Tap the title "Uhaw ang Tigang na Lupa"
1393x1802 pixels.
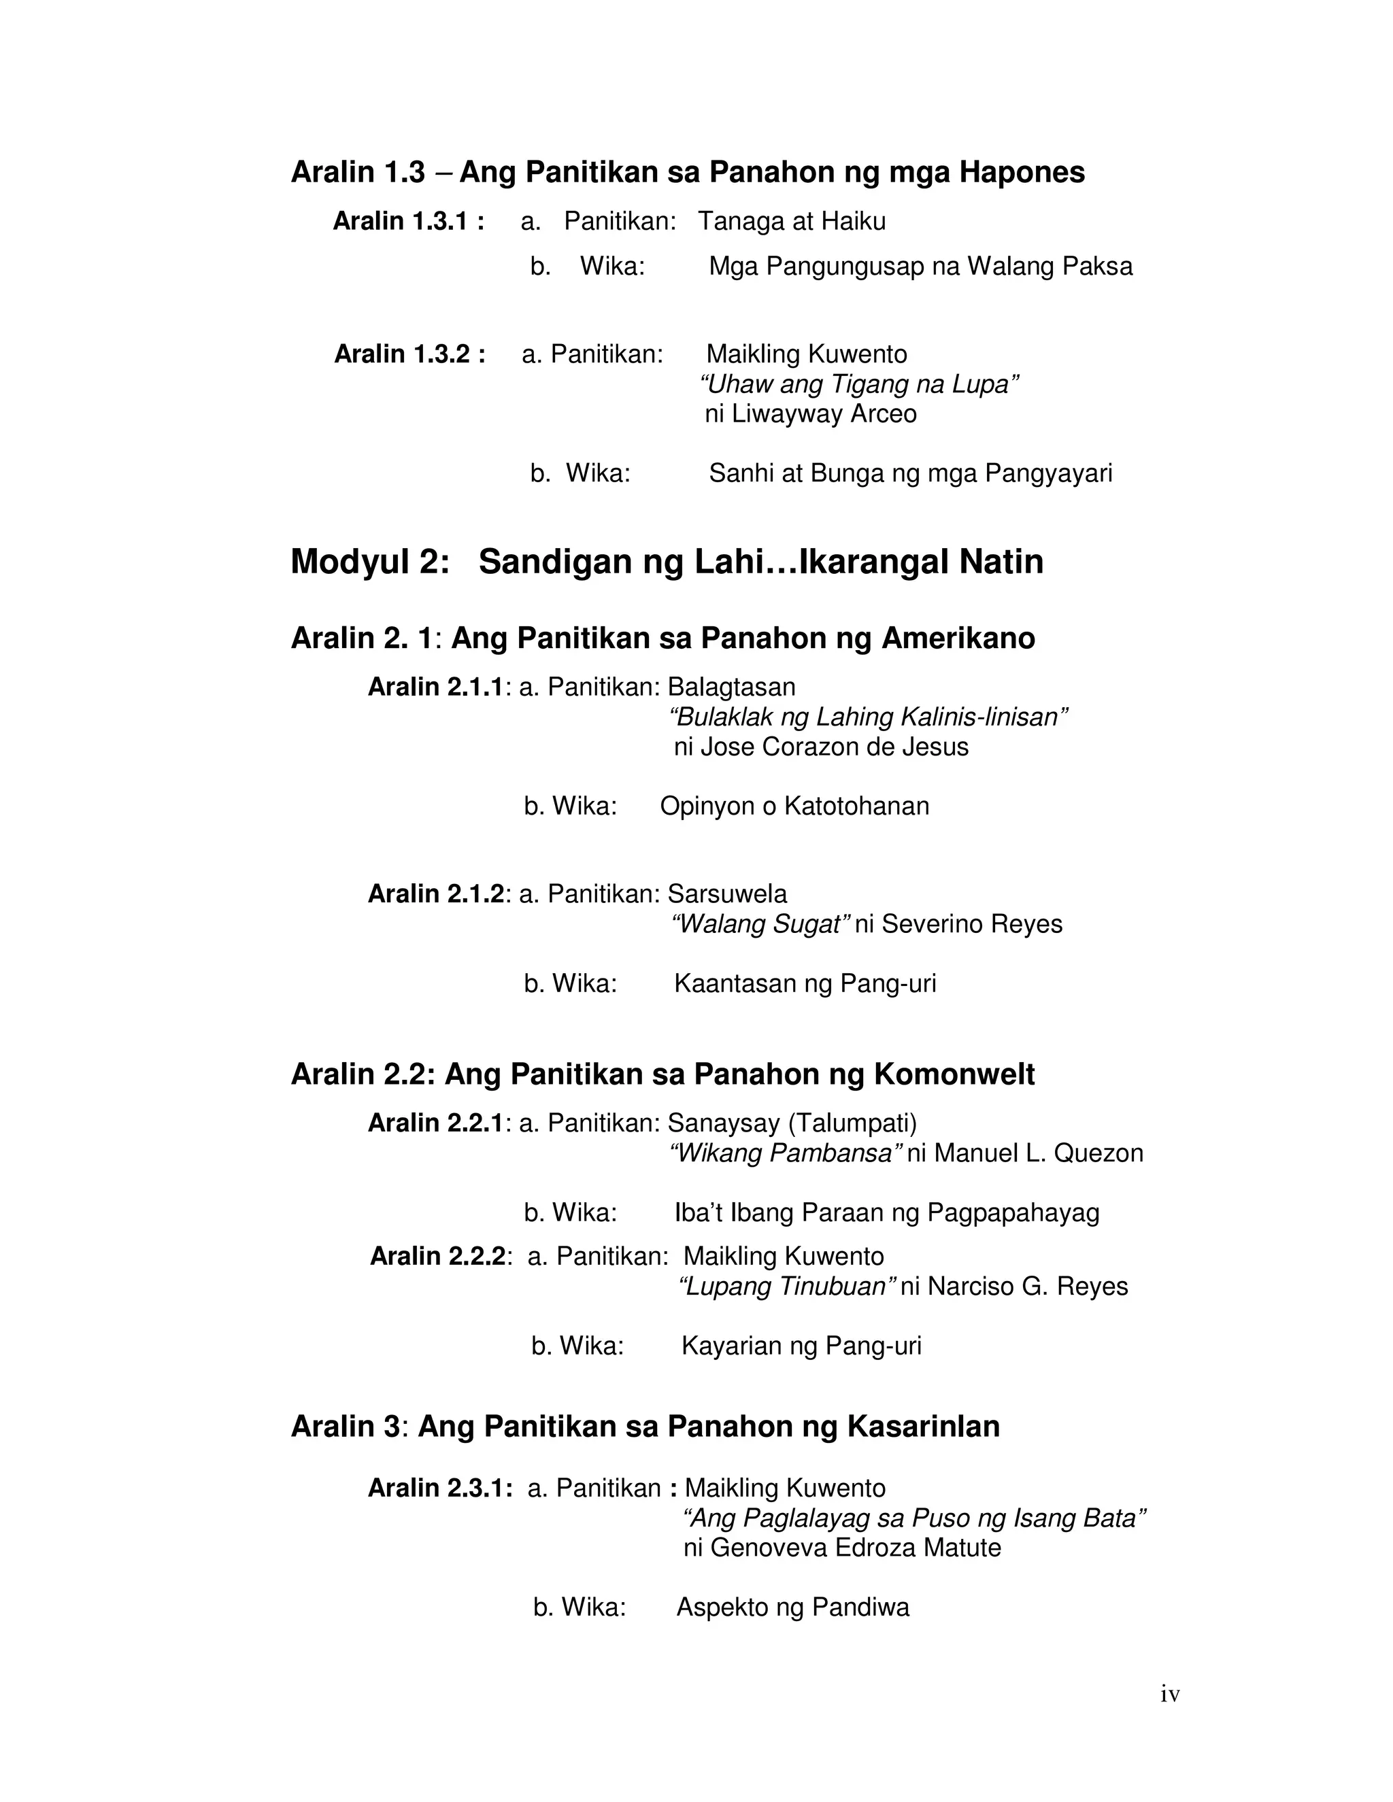tap(859, 384)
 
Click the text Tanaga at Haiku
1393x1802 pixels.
tap(792, 221)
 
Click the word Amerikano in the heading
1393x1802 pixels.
tap(958, 638)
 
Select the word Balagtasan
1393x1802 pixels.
tap(731, 687)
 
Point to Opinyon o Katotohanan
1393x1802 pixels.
tap(794, 806)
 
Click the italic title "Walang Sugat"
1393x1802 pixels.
tap(760, 924)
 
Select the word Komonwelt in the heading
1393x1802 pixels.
tap(954, 1074)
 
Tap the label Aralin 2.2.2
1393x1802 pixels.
tap(437, 1257)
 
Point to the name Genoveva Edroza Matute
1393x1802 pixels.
tap(855, 1548)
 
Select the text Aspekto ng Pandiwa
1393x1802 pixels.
tap(792, 1608)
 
